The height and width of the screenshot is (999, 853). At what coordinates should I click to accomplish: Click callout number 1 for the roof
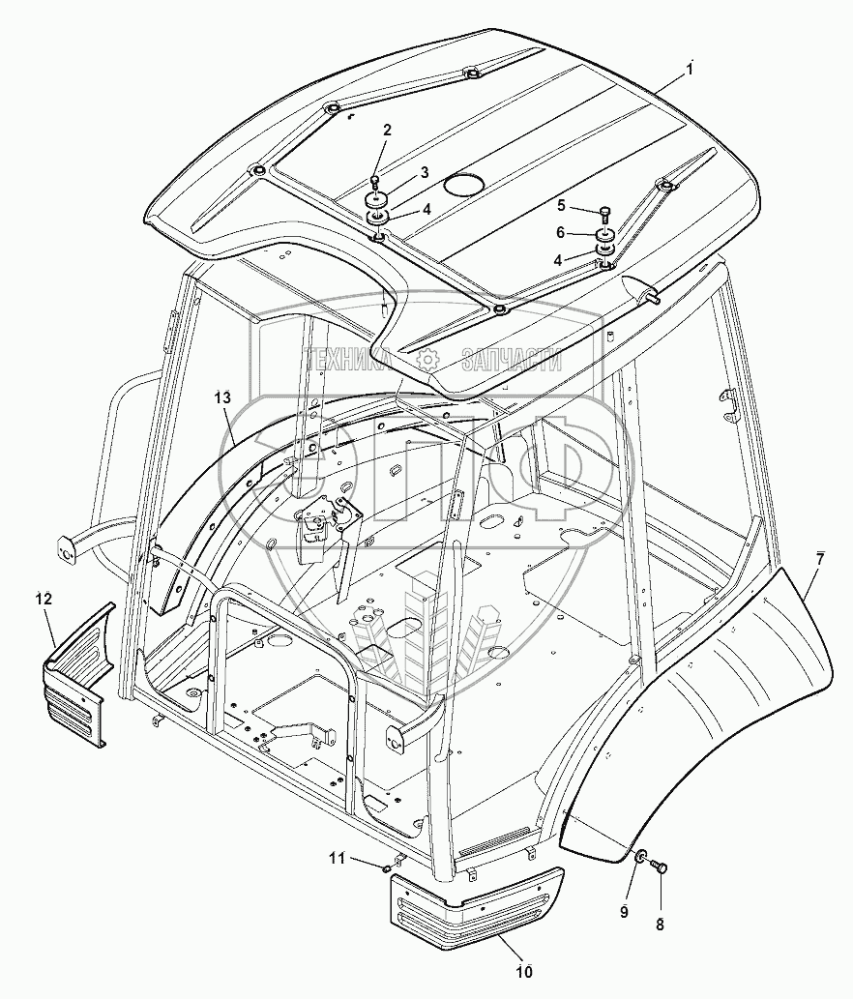click(x=690, y=68)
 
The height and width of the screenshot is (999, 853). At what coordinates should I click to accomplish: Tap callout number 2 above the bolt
click(x=387, y=130)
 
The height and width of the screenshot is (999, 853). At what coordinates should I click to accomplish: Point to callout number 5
click(x=560, y=204)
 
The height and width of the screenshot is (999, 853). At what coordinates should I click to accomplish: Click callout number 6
click(x=560, y=232)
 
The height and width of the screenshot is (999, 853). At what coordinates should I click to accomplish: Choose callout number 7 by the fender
click(x=819, y=560)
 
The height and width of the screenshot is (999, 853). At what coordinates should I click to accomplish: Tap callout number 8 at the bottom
click(x=661, y=925)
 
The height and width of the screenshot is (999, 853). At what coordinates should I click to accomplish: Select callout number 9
click(x=624, y=910)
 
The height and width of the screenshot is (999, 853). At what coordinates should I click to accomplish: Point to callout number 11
click(x=335, y=857)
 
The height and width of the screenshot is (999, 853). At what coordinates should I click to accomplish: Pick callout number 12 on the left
click(x=44, y=599)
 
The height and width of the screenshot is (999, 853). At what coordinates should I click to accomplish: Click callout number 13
click(x=223, y=397)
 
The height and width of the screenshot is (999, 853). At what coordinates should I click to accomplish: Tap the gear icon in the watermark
click(x=426, y=360)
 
